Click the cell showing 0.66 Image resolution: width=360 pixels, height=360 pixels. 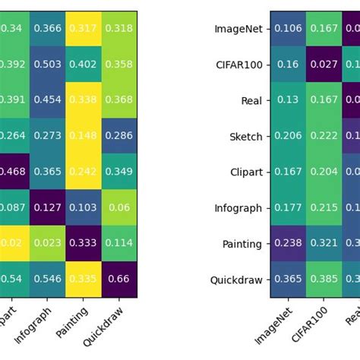point(119,279)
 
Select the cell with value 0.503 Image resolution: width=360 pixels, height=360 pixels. point(48,65)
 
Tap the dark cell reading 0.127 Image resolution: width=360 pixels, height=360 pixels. point(48,207)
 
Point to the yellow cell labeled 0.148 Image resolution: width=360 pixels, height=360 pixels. point(84,136)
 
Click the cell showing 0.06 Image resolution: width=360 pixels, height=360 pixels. point(119,207)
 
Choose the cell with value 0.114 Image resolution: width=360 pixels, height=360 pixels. point(119,244)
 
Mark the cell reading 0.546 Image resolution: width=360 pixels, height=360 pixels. point(48,279)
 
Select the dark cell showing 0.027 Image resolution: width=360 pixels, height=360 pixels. point(324,65)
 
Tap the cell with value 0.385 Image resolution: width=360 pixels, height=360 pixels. point(324,279)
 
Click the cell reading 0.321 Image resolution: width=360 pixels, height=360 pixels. point(324,244)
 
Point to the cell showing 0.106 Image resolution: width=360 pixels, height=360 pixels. point(288,29)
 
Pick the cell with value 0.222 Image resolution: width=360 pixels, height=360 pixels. point(324,136)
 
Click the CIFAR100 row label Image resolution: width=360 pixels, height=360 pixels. point(239,65)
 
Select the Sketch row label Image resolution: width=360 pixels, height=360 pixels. point(246,137)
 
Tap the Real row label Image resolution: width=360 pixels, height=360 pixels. point(251,101)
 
